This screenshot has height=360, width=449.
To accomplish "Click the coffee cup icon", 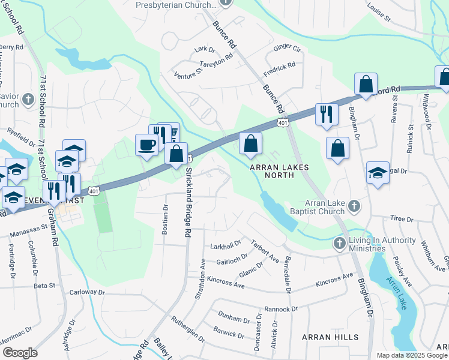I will point(148,145).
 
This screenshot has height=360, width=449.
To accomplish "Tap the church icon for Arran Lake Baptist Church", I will point(354,206).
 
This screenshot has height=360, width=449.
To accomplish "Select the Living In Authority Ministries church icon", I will point(339,243).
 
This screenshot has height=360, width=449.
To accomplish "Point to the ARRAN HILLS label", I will point(330,337).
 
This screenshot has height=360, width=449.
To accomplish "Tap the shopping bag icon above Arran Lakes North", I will point(250,144).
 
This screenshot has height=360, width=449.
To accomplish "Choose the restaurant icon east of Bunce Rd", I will point(327,114).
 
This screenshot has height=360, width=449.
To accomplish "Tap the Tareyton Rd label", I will point(216,61).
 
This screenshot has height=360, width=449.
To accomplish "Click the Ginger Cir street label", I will point(287,47).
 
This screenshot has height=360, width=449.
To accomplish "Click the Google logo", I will point(20,353).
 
